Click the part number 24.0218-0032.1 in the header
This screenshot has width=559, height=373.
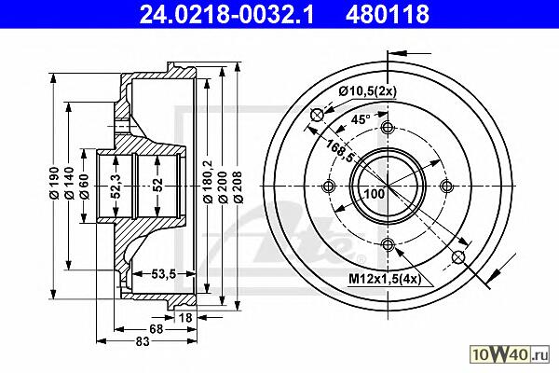[226, 14]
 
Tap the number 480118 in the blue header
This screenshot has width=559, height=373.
[388, 14]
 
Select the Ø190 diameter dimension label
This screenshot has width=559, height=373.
[54, 183]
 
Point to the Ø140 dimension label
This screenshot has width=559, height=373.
[69, 183]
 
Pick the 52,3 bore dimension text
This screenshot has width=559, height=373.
[116, 186]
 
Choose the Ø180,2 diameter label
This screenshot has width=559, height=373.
[208, 182]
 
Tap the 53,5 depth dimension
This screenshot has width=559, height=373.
[164, 274]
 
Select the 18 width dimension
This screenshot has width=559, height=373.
[185, 317]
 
